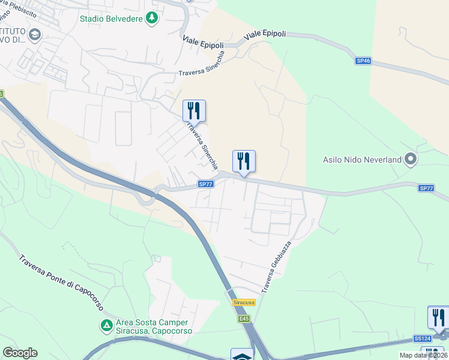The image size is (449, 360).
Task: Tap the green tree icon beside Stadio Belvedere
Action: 153,17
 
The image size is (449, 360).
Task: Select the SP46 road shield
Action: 363,61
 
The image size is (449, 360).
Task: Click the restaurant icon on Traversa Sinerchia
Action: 194,110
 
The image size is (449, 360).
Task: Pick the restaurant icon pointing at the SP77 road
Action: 244,161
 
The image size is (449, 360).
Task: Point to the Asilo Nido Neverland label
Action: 362,160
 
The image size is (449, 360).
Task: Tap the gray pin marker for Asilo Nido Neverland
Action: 411,159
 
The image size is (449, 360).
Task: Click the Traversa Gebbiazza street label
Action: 276,267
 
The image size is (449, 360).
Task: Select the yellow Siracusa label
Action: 244,302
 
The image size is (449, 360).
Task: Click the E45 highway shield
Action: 243,319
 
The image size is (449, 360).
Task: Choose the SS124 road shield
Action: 422,339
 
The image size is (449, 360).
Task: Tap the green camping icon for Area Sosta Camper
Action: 106,326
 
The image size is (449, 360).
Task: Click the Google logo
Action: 20,353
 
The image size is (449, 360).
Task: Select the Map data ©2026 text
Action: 423,355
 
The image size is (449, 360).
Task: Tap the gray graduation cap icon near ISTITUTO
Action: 34,34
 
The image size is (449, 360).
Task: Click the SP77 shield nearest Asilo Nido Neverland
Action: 426,188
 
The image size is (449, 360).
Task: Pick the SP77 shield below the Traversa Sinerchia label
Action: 205,184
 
